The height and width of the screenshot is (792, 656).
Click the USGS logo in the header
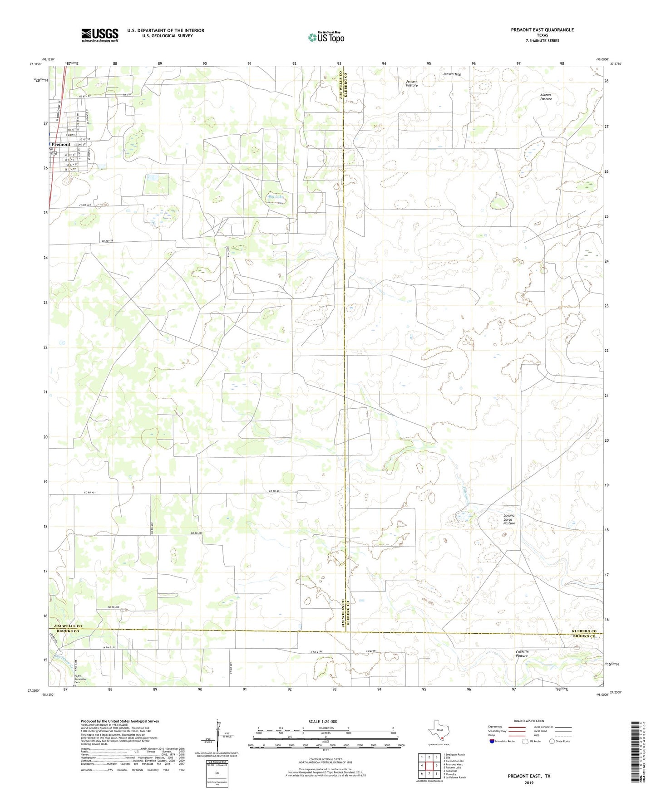(x=100, y=35)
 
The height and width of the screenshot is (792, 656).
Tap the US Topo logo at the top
(x=325, y=37)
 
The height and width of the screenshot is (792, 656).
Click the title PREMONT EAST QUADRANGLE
(x=542, y=30)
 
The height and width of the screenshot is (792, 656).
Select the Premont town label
(x=61, y=144)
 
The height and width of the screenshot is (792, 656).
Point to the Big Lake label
(x=276, y=196)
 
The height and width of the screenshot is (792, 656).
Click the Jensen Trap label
(x=452, y=74)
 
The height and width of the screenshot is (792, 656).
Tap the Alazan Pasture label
(x=546, y=97)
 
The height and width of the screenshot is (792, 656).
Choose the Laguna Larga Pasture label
(x=509, y=519)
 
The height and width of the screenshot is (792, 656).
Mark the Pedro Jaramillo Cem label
(x=80, y=679)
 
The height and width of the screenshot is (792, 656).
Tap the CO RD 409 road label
(x=196, y=533)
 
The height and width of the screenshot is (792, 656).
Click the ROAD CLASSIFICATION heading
(x=529, y=721)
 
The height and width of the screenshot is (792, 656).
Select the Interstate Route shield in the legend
(x=493, y=741)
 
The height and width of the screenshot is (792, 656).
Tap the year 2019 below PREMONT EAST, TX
(x=529, y=782)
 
